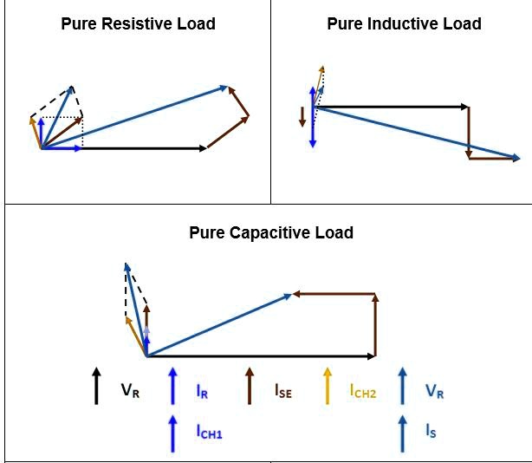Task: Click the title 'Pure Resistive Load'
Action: point(138,23)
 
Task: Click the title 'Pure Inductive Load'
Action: point(404,23)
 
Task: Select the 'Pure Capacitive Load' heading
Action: point(271,232)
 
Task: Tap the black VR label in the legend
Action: point(130,390)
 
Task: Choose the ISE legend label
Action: point(282,391)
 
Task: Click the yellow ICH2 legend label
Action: point(363,391)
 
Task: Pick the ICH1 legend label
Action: point(209,431)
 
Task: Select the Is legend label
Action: point(431,431)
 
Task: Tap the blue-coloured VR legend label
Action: point(434,390)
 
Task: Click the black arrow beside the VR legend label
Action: point(96,386)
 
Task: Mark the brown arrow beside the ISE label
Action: point(250,386)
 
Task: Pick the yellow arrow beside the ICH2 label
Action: point(328,386)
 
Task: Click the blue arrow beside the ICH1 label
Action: point(173,431)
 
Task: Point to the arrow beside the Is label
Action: point(402,431)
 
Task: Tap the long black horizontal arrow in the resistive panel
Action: point(143,148)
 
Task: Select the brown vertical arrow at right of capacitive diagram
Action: point(375,325)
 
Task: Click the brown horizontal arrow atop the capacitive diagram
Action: point(334,295)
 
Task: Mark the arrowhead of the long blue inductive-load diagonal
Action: point(516,157)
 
